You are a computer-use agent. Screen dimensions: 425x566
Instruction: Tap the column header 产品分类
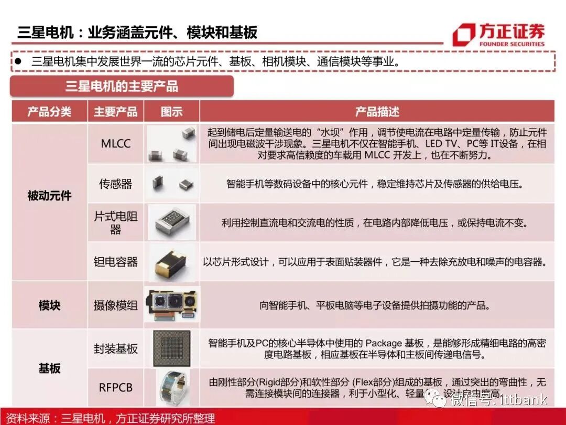pyautogui.click(x=49, y=111)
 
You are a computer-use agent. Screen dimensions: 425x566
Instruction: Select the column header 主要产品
pyautogui.click(x=116, y=111)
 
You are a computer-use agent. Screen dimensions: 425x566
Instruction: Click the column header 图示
pyautogui.click(x=172, y=111)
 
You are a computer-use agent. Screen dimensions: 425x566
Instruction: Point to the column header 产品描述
pyautogui.click(x=377, y=111)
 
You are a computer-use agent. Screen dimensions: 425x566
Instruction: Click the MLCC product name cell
pyautogui.click(x=116, y=144)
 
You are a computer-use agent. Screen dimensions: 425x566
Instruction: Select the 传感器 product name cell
pyautogui.click(x=116, y=184)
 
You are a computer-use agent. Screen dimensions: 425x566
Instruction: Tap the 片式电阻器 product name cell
pyautogui.click(x=116, y=222)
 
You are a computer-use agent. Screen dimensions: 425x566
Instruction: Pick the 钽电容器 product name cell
pyautogui.click(x=116, y=261)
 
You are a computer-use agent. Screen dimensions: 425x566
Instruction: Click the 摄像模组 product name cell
pyautogui.click(x=116, y=305)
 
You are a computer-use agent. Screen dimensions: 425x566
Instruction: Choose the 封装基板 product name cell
pyautogui.click(x=116, y=348)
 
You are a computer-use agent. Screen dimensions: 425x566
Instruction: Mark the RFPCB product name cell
pyautogui.click(x=116, y=388)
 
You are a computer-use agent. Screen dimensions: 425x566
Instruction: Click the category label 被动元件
pyautogui.click(x=49, y=196)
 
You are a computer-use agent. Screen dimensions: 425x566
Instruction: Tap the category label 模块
pyautogui.click(x=49, y=305)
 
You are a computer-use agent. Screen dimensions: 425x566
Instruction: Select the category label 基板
pyautogui.click(x=49, y=368)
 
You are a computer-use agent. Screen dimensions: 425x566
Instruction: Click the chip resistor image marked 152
pyautogui.click(x=172, y=222)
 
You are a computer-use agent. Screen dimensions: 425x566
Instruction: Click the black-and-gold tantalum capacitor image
pyautogui.click(x=171, y=261)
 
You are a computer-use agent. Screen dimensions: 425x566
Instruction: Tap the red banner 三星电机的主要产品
pyautogui.click(x=122, y=86)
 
